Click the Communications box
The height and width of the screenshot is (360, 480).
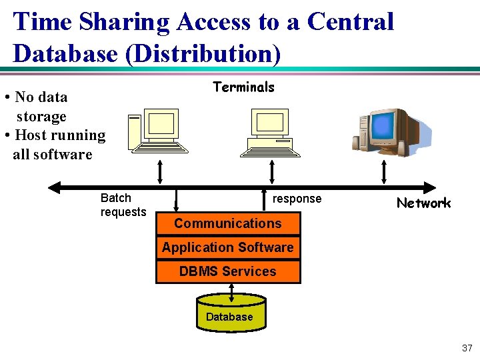[228, 223]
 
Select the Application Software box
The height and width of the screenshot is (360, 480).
[228, 247]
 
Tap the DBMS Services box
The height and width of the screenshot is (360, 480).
[228, 271]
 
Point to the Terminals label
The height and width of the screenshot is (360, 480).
[243, 87]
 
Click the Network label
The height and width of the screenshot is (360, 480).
[423, 203]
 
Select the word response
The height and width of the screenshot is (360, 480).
[297, 199]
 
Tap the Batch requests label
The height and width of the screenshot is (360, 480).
[123, 205]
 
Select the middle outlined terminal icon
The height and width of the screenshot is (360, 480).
[269, 131]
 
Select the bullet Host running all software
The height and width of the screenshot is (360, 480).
[56, 145]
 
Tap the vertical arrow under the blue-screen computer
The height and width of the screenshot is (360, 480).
[383, 171]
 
